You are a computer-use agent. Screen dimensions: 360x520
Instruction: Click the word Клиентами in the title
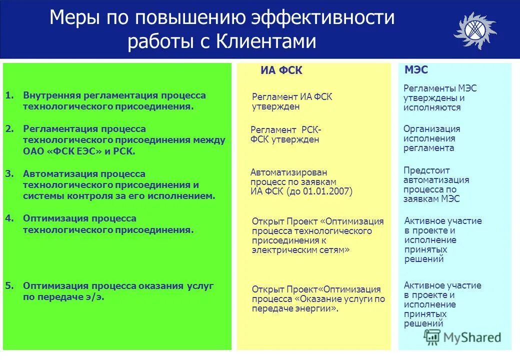tap(266, 41)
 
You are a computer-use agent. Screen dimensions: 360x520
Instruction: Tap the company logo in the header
tap(474, 31)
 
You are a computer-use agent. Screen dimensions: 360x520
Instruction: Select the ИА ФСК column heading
tap(281, 71)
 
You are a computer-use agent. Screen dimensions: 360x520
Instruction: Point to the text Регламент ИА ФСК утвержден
tap(291, 101)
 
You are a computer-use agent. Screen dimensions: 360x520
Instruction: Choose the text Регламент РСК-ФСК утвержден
tap(285, 134)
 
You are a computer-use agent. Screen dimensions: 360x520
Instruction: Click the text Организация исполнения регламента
tap(431, 138)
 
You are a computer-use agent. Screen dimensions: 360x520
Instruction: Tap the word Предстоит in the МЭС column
tap(426, 170)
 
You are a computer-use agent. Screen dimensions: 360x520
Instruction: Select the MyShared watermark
tap(462, 337)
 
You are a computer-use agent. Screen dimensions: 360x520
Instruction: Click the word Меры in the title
tap(75, 18)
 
